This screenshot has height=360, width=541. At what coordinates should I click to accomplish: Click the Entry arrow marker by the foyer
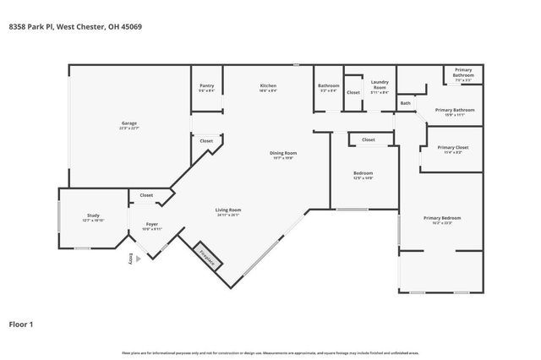click(130, 259)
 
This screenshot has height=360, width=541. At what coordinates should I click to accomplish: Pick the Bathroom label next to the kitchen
click(328, 87)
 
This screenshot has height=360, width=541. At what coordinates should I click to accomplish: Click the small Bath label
click(406, 103)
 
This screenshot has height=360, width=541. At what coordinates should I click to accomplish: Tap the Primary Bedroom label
click(442, 219)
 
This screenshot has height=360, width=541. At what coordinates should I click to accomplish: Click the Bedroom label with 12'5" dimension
click(363, 175)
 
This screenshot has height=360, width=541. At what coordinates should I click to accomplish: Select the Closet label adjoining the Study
click(146, 195)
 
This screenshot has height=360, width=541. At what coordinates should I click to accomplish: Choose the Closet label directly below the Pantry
click(206, 140)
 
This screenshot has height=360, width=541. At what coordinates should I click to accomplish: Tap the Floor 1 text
click(23, 324)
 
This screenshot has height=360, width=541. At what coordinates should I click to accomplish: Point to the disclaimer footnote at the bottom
click(270, 352)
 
